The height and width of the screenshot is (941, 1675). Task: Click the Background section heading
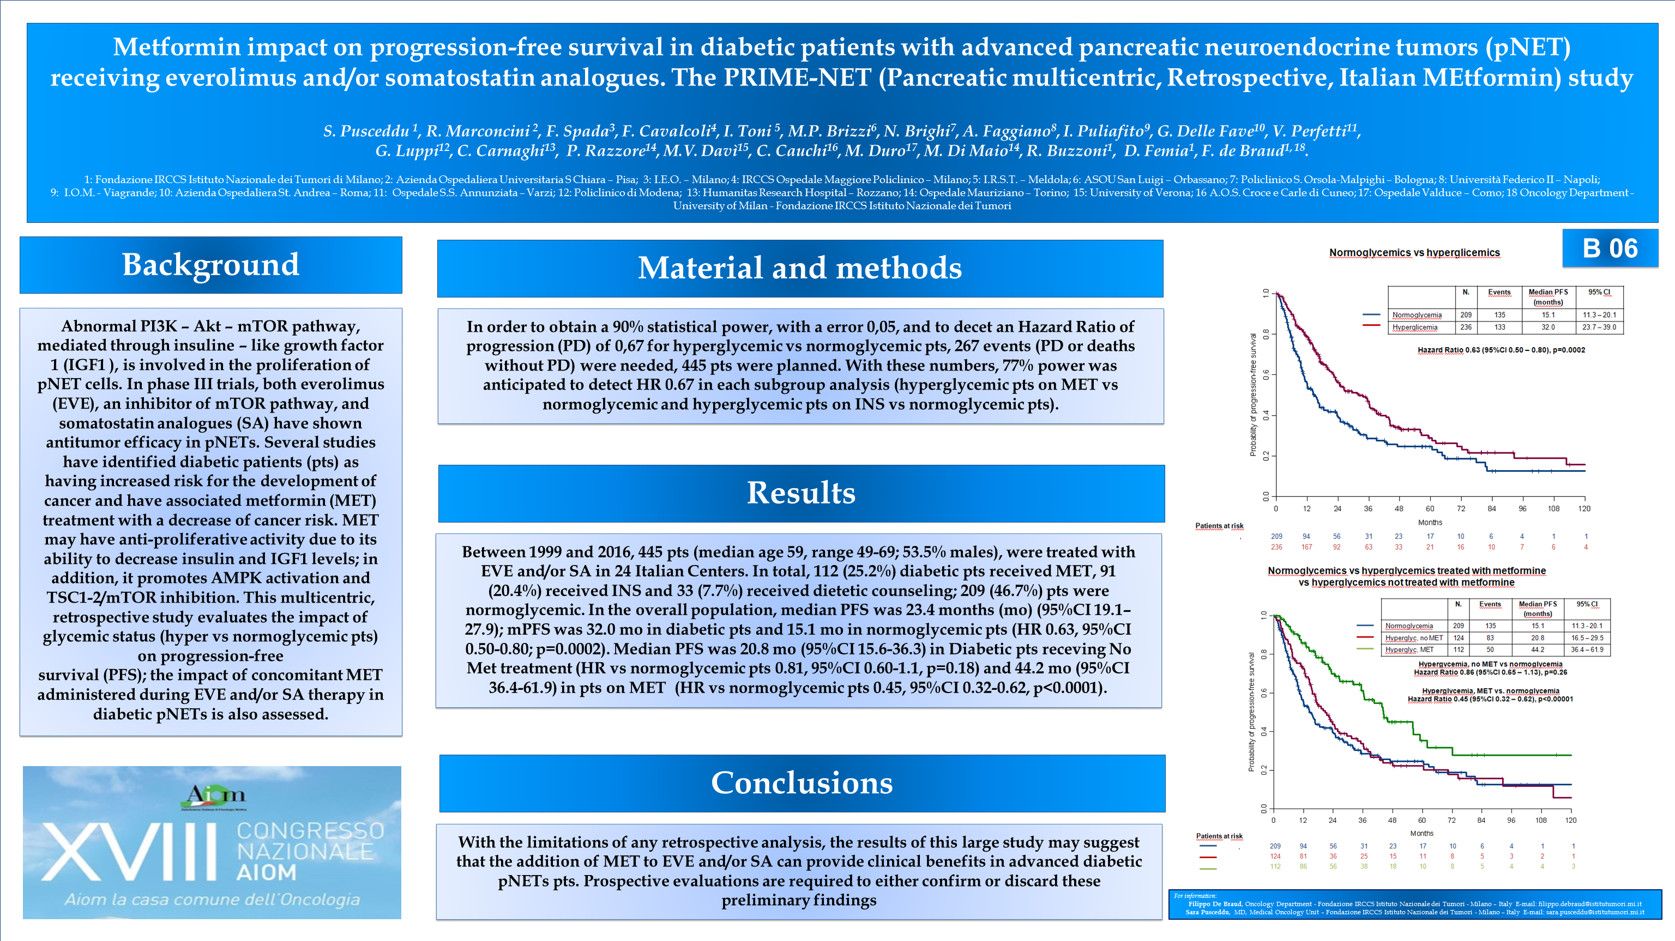tap(210, 265)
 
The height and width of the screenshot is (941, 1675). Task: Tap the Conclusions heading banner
tap(802, 783)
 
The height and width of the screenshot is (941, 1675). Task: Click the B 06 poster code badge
tap(1610, 248)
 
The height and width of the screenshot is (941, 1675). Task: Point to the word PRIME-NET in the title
tap(797, 77)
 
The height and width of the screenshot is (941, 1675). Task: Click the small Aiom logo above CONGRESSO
tap(215, 796)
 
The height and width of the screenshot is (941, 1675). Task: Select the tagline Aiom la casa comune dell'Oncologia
tap(212, 900)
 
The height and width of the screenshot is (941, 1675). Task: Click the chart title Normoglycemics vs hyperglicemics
tap(1414, 253)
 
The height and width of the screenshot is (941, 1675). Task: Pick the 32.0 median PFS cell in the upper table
tap(1547, 327)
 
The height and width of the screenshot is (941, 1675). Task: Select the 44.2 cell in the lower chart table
tap(1537, 649)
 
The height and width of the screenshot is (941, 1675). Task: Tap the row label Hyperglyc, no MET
tap(1414, 638)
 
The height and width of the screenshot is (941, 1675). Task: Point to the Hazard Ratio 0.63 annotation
tap(1501, 350)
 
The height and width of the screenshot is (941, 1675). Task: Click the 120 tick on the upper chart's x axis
tap(1584, 509)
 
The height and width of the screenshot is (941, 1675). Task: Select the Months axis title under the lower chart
tap(1421, 833)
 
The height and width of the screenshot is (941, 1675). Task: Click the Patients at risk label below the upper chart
tap(1219, 526)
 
